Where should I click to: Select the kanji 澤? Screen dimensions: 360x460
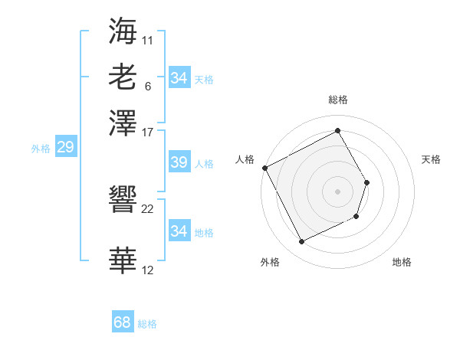123,123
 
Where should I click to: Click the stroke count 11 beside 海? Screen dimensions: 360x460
148,38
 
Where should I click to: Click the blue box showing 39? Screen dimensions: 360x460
179,163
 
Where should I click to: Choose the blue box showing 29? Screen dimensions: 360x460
65,148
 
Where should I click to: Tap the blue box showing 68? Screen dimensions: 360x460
123,323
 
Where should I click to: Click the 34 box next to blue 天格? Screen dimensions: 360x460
179,78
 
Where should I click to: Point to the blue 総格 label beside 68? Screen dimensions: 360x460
147,324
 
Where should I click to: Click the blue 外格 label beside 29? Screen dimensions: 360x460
41,149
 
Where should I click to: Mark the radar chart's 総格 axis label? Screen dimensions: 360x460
337,100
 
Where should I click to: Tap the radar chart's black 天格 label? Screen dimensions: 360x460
431,159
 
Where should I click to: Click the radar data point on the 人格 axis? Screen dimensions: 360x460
264,168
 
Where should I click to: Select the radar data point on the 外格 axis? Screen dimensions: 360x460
302,242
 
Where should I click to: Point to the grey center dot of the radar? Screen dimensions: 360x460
337,191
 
